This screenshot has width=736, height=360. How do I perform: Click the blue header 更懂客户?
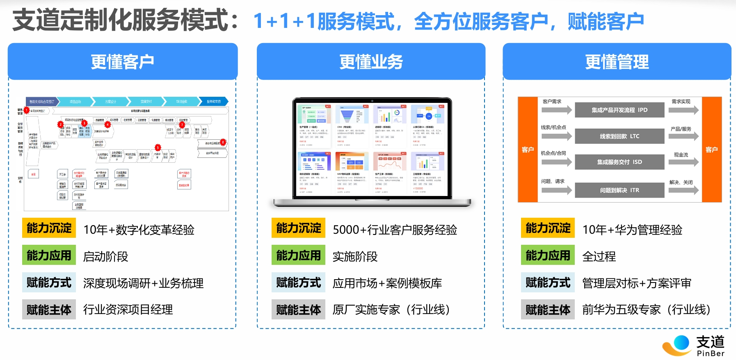(x=123, y=62)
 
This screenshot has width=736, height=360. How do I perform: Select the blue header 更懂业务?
(x=371, y=62)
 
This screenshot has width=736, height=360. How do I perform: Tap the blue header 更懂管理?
(x=617, y=62)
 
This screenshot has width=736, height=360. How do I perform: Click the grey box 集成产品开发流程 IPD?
(x=619, y=110)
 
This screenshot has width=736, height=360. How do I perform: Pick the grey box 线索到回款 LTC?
(x=619, y=136)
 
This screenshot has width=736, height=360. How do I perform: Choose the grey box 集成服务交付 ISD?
(x=619, y=162)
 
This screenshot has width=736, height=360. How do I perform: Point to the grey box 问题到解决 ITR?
(x=619, y=190)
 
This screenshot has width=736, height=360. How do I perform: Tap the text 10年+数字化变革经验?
(x=139, y=230)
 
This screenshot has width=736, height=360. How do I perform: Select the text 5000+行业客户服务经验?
(x=395, y=230)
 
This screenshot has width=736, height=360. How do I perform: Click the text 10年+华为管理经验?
(x=632, y=230)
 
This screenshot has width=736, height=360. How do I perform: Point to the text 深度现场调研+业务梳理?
(x=143, y=283)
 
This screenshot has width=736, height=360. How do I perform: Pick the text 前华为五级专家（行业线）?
(x=646, y=310)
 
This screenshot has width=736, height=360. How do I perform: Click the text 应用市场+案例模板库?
(x=387, y=283)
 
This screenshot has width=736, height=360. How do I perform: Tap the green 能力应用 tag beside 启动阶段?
(x=49, y=255)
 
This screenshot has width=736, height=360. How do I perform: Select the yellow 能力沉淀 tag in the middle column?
(x=298, y=228)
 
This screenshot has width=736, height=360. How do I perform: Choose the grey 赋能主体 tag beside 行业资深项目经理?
(x=49, y=310)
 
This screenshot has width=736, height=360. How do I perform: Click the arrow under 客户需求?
(x=556, y=110)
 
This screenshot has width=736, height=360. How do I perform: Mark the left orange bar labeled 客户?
(x=528, y=150)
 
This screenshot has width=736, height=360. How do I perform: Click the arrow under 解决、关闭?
(x=683, y=190)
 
